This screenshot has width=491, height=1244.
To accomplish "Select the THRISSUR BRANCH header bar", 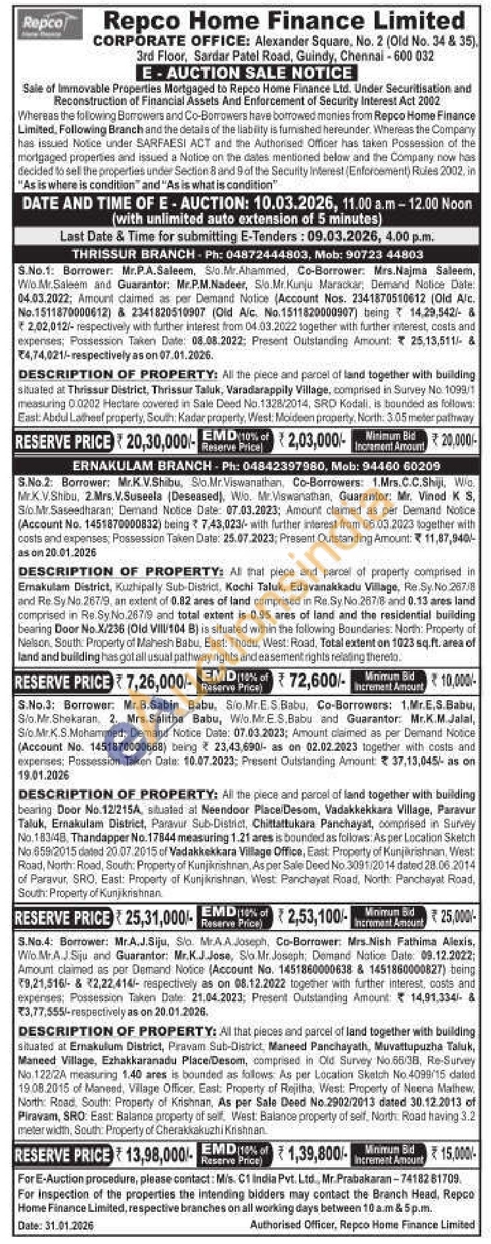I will tap(245, 254).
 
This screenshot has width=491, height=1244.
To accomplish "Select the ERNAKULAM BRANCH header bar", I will tap(245, 466).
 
